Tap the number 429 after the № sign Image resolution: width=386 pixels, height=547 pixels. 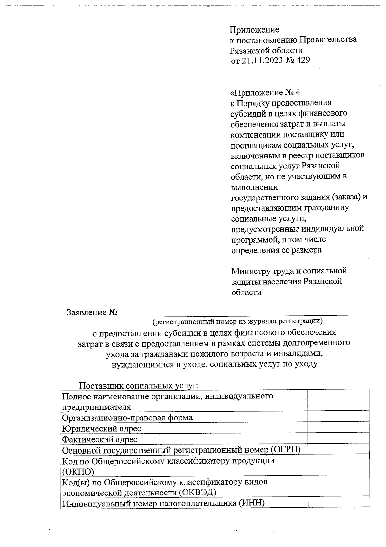tap(303, 60)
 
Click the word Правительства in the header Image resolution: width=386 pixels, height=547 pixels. tap(328, 40)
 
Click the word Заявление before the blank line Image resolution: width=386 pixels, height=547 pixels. tap(87, 312)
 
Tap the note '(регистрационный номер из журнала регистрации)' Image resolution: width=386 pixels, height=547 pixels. tap(237, 321)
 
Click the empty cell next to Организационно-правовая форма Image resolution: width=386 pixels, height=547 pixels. tap(338, 418)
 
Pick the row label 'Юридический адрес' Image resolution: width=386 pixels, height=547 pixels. tap(102, 429)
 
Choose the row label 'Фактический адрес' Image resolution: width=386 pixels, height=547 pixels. tap(100, 439)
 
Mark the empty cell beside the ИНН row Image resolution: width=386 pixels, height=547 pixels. tap(338, 503)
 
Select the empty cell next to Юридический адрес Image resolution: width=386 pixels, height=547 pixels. tap(338, 429)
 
